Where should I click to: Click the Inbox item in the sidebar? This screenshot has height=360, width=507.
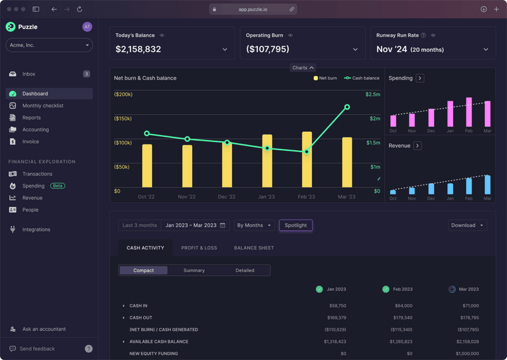29,74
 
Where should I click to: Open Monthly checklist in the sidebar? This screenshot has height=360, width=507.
42,106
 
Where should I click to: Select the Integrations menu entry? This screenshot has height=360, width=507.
35,229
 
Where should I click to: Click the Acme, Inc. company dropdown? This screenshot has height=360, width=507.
49,45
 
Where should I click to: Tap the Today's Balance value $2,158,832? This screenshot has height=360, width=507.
138,49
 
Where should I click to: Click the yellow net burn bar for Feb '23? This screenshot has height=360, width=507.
307,160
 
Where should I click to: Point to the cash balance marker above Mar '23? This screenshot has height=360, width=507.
347,107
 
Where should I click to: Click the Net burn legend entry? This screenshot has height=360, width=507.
325,78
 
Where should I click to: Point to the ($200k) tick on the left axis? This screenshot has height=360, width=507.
123,94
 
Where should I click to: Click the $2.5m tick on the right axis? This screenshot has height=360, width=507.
373,94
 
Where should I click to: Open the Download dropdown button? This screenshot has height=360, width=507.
468,225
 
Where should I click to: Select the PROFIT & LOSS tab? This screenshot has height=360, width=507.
199,248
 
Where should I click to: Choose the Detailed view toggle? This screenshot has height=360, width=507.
245,271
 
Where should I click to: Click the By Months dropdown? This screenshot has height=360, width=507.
254,225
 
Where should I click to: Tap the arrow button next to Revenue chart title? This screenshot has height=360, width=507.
418,146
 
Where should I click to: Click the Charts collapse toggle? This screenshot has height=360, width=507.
303,68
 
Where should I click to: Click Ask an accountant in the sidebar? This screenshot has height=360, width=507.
44,329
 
